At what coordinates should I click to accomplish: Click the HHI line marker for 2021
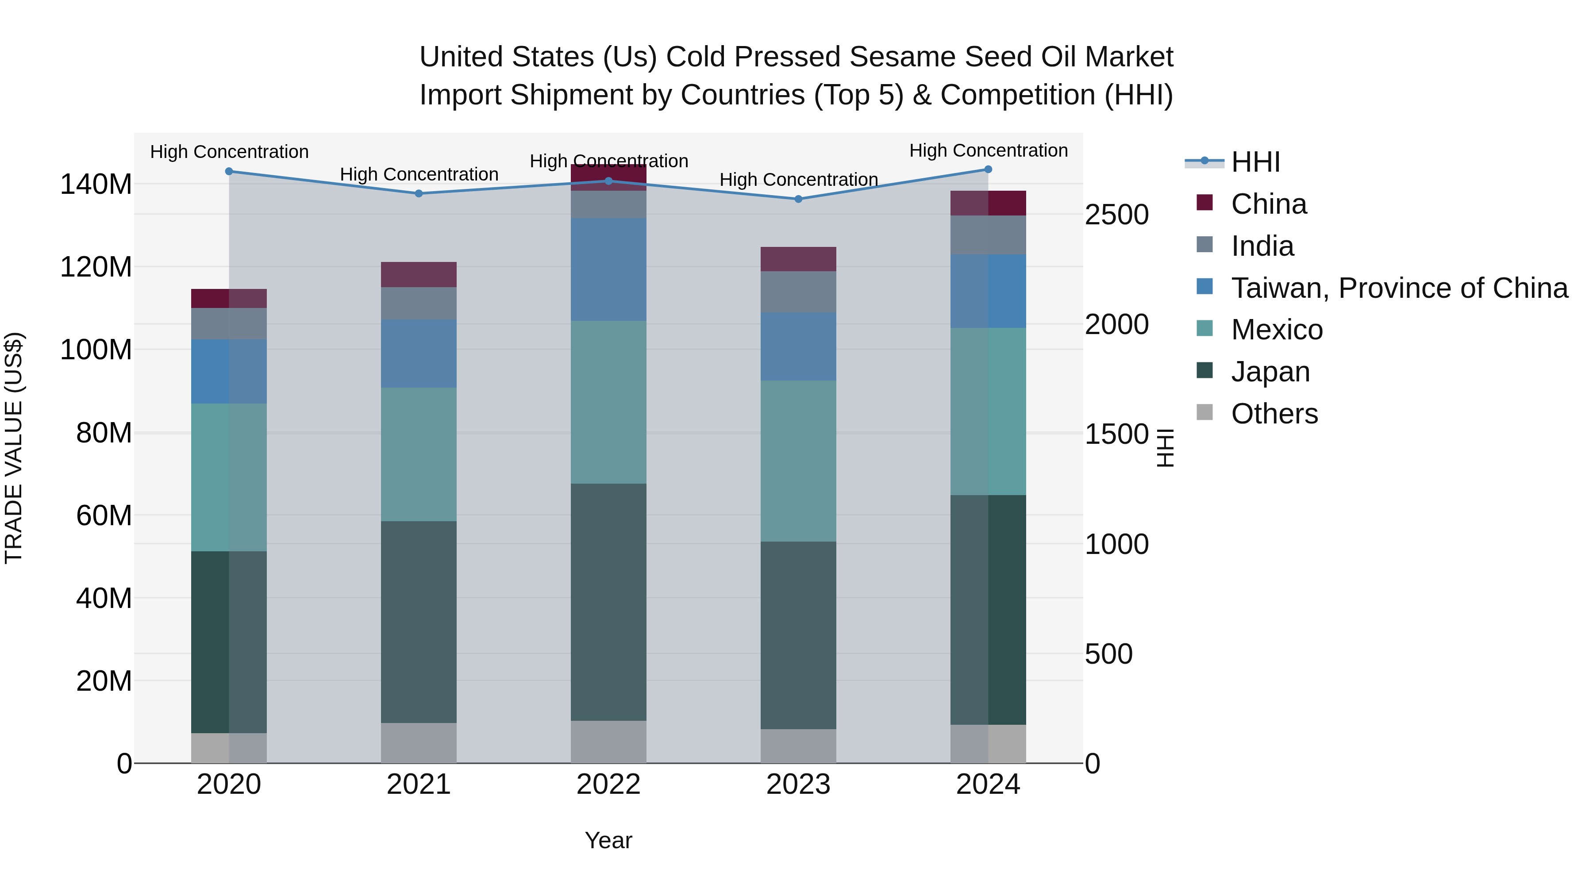(419, 193)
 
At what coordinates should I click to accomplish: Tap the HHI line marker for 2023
(798, 199)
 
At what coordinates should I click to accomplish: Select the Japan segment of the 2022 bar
(608, 602)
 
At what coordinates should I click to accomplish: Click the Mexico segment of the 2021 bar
(419, 454)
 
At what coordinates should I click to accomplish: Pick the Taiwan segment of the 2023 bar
(798, 347)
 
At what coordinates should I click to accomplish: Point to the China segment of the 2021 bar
(419, 274)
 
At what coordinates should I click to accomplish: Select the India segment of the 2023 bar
(798, 292)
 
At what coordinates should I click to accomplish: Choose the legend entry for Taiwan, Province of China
(1399, 288)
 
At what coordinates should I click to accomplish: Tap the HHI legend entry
(1255, 162)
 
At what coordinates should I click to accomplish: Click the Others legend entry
(1274, 414)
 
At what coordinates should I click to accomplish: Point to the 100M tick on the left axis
(96, 350)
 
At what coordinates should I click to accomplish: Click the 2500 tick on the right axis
(1116, 215)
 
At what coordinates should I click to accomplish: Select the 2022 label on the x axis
(608, 784)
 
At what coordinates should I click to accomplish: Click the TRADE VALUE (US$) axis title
(14, 448)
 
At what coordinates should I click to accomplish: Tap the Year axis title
(608, 840)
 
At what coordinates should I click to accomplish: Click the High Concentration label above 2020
(229, 151)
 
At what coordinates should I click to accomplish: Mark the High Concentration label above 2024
(988, 150)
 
